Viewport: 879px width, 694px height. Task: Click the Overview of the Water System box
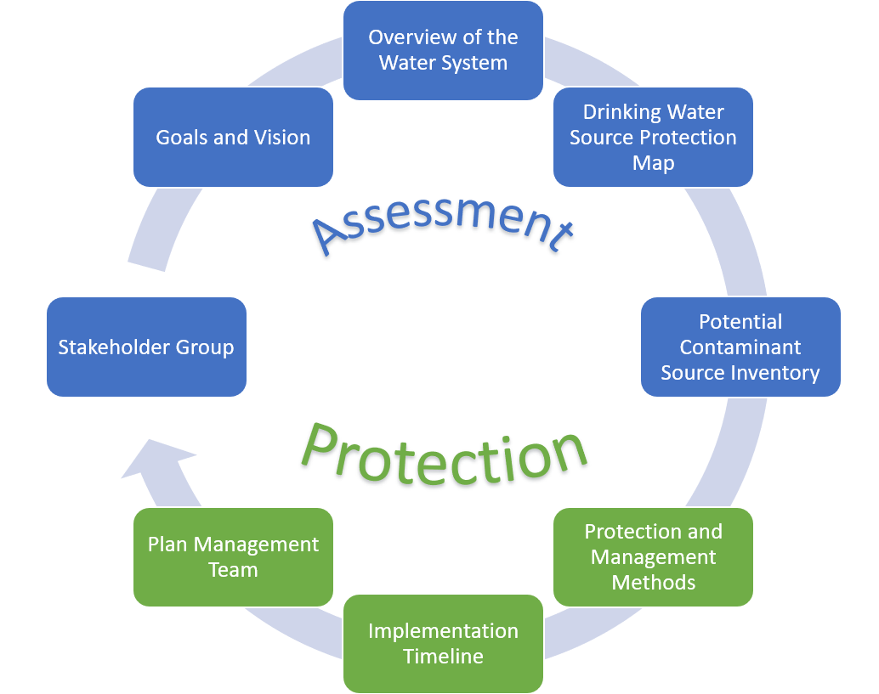(443, 50)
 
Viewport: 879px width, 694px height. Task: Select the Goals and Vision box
(233, 137)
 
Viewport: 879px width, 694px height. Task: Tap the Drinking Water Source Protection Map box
(653, 137)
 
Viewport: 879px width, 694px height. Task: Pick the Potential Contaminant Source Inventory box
(740, 347)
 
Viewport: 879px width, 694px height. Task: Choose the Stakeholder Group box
(146, 347)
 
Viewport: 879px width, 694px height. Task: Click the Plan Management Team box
(233, 556)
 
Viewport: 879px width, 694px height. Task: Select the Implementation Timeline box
(443, 643)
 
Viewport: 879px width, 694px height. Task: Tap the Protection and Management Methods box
(653, 556)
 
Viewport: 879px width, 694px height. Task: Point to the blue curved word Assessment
(442, 219)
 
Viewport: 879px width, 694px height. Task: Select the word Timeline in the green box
(443, 657)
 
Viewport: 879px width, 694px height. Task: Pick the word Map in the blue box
(653, 163)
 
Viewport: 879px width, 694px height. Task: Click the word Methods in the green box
(653, 583)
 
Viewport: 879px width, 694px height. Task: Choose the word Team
(233, 570)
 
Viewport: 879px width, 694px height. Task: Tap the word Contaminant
(740, 347)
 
